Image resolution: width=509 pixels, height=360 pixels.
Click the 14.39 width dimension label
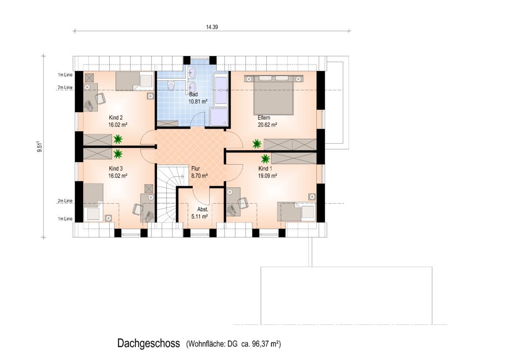coord(211,27)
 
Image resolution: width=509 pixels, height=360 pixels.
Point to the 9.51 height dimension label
coord(39,147)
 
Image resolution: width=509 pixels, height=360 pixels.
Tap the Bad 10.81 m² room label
coord(198,98)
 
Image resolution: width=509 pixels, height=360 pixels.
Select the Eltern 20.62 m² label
coord(267,121)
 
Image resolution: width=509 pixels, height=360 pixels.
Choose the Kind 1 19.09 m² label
coord(268,172)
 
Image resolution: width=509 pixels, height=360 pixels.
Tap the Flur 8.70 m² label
coord(199,172)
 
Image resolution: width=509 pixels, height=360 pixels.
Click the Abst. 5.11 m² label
coord(200,213)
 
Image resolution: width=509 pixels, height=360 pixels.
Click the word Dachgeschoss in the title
coord(148,343)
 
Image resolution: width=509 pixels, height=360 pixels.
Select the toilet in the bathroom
coord(171,86)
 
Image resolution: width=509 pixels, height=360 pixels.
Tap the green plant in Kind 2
coord(118,139)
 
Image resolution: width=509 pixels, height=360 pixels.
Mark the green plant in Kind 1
coord(265,158)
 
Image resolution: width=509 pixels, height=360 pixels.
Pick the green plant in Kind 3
coord(118,153)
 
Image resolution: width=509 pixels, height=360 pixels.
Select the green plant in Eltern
coord(257,143)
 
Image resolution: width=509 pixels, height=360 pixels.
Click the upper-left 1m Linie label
coord(65,75)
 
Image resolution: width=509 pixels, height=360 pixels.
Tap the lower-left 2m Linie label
coord(65,201)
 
